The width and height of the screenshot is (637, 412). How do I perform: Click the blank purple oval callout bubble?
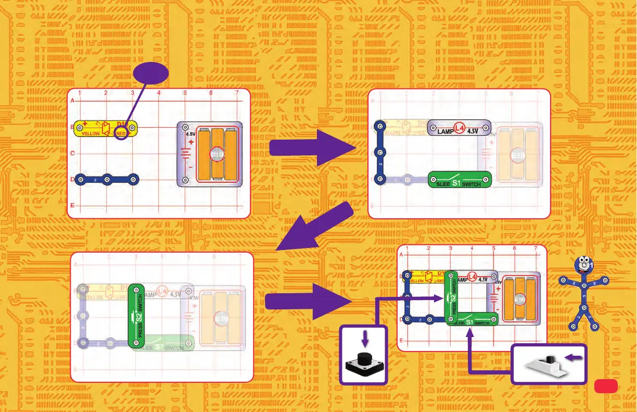[x=151, y=75]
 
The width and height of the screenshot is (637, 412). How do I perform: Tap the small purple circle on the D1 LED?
[x=121, y=134]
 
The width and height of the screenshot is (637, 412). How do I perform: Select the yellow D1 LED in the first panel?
[x=106, y=128]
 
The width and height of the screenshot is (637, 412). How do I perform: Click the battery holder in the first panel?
[x=210, y=154]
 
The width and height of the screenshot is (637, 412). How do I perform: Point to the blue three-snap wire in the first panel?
[x=107, y=180]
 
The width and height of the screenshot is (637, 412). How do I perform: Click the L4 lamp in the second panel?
[x=459, y=128]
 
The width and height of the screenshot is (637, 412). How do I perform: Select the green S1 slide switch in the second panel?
[x=460, y=180]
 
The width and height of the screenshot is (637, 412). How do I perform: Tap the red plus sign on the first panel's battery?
[x=190, y=141]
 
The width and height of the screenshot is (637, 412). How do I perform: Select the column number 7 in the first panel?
[x=236, y=93]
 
